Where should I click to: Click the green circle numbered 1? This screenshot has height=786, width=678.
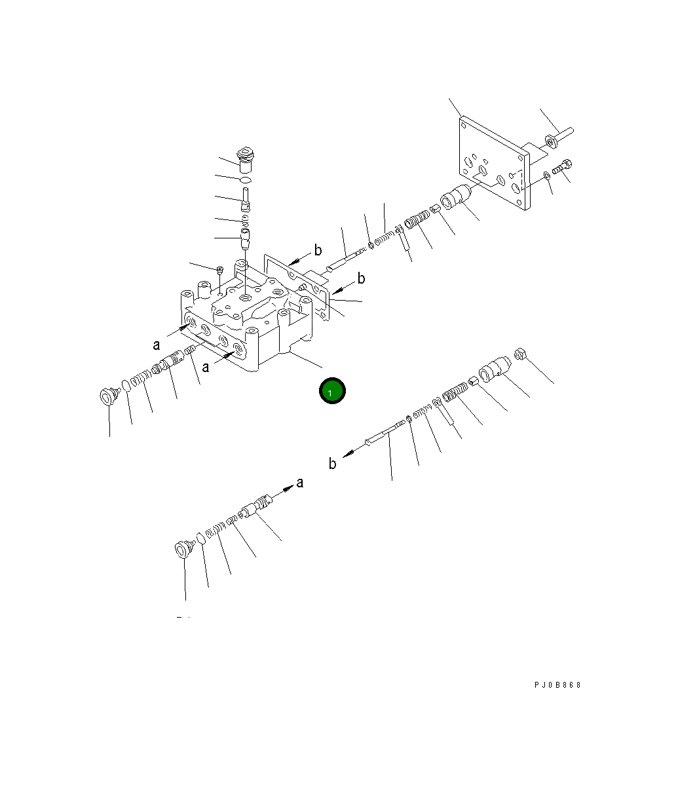click(332, 391)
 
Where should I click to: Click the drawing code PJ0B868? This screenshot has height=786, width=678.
click(557, 685)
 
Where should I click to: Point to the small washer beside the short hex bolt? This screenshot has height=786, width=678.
click(546, 175)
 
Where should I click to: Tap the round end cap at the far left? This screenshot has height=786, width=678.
click(107, 396)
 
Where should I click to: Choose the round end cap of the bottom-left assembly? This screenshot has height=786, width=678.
click(182, 549)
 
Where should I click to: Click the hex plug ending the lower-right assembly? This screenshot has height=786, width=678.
click(523, 355)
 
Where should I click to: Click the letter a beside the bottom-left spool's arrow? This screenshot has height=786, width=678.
click(300, 483)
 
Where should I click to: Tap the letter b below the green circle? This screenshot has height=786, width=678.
click(333, 464)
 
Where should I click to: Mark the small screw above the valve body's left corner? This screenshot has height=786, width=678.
click(219, 269)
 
